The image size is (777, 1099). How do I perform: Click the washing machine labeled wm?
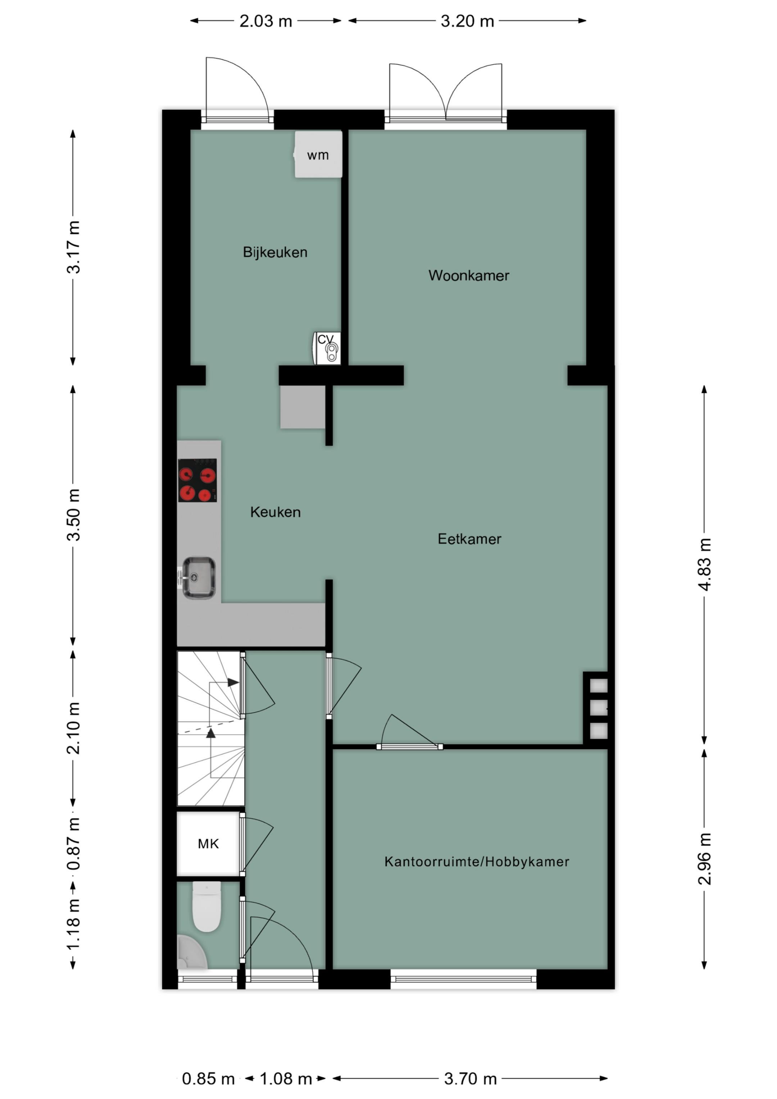pos(318,155)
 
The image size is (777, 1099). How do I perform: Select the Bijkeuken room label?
pos(275,252)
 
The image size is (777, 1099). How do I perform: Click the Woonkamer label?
pos(468,275)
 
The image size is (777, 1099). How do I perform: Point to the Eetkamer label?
pos(469,539)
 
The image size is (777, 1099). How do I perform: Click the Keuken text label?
pos(275,512)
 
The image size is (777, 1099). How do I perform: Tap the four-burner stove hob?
pos(197,480)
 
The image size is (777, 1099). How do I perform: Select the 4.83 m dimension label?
pos(704,564)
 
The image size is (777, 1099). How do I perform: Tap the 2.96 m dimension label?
pos(704,859)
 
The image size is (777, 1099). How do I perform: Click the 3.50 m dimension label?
pos(73,514)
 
